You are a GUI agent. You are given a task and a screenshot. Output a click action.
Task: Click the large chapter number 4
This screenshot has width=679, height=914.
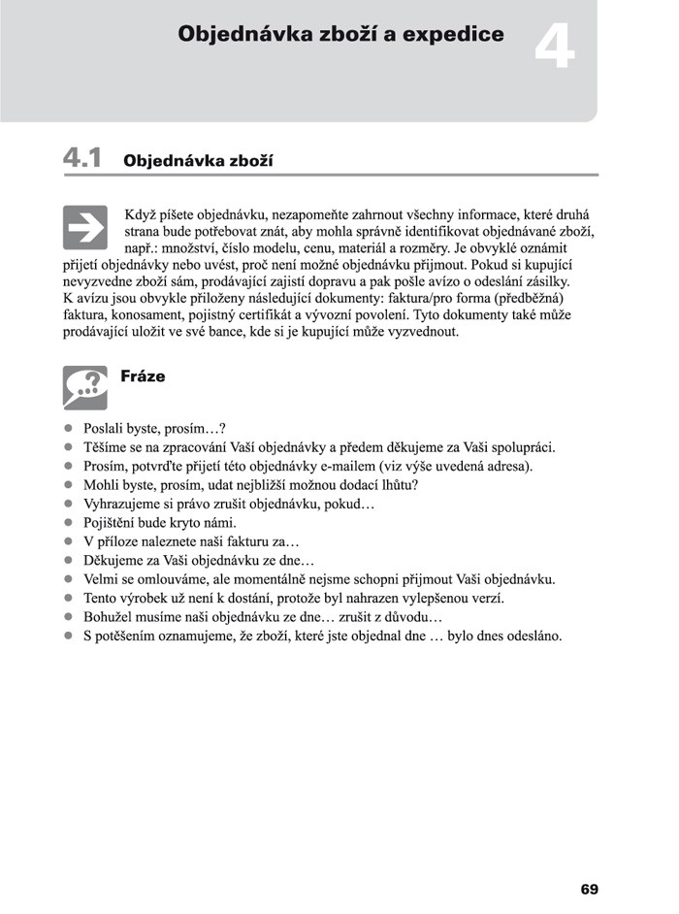point(554,51)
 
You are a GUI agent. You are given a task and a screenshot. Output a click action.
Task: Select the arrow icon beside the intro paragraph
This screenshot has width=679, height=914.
point(84,228)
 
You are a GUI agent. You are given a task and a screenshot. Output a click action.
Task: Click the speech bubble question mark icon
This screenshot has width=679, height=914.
point(84,387)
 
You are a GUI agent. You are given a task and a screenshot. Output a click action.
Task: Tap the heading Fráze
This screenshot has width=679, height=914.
point(143,376)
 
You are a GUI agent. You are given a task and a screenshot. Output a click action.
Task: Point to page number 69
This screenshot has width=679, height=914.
point(589,889)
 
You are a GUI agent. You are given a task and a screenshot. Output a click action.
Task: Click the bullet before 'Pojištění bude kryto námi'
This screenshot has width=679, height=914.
point(69,522)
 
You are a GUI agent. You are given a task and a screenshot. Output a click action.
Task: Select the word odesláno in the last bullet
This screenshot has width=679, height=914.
point(532,637)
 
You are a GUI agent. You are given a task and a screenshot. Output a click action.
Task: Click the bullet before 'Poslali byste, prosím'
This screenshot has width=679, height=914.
point(69,428)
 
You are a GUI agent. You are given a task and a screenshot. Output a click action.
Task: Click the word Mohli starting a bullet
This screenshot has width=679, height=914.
point(103,485)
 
